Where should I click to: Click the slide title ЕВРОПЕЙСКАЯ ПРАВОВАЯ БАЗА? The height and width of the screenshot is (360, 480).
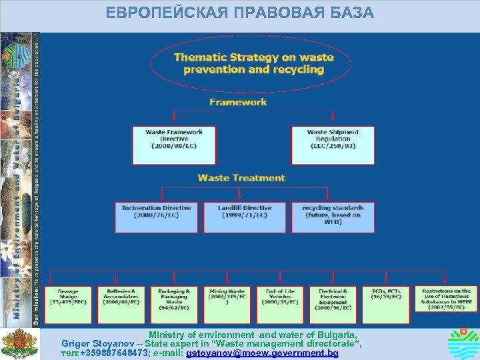point(240,13)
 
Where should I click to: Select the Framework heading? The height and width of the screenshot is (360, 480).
point(238,102)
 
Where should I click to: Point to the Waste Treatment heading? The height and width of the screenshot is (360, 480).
point(241,178)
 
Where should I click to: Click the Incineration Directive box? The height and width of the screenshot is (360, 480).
point(156,217)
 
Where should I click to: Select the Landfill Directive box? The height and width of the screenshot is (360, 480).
point(245,217)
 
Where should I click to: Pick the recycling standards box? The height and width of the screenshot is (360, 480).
point(333,217)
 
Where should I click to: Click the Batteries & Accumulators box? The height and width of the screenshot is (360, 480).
point(121,305)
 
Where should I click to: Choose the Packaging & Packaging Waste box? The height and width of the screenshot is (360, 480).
point(174,305)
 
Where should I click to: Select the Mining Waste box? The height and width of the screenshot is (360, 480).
point(227,305)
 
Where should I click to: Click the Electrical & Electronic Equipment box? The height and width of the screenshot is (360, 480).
point(333,305)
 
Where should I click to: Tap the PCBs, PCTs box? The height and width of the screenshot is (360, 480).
point(386,305)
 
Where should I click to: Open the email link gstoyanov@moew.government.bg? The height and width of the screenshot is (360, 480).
point(263,353)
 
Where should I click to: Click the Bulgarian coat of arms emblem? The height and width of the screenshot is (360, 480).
point(19,343)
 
